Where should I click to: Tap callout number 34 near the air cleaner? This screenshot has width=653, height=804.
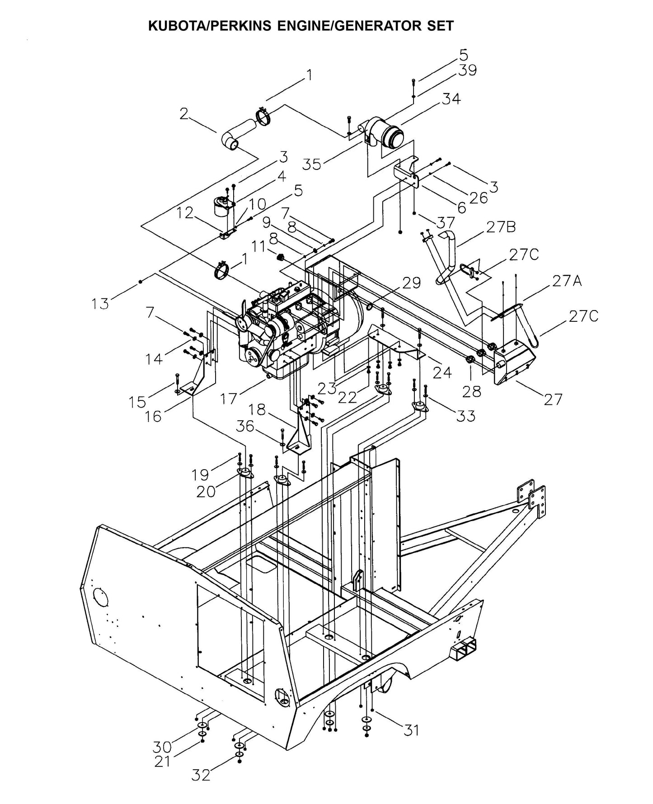coord(451,99)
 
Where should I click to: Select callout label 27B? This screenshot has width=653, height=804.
coord(501,227)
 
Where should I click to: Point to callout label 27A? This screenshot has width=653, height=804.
coord(566,282)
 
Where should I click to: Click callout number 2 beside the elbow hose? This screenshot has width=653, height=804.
coord(183,114)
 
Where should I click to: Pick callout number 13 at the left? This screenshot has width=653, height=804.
coord(100,304)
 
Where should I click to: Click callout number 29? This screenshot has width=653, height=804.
coord(411,283)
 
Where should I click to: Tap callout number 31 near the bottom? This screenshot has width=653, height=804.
coord(411,729)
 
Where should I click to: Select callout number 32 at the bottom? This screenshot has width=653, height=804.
coord(200,775)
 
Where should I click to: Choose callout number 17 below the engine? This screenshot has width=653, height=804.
coord(230,399)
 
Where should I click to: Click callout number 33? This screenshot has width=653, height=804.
coord(465,415)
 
